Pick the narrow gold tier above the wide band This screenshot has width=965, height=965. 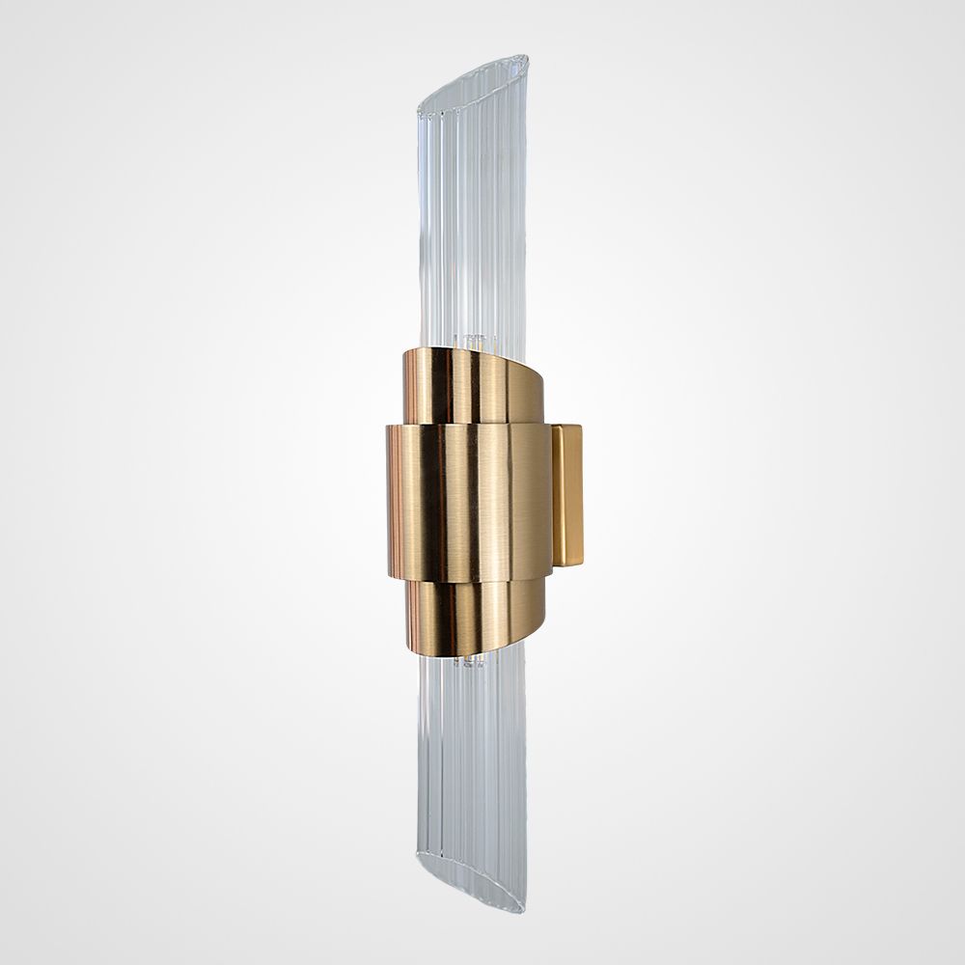click(473, 386)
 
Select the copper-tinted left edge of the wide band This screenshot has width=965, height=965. click(393, 502)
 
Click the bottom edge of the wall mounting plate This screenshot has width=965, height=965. click(569, 565)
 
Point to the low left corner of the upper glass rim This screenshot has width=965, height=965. click(419, 107)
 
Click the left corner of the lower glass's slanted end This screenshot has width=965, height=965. click(419, 853)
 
